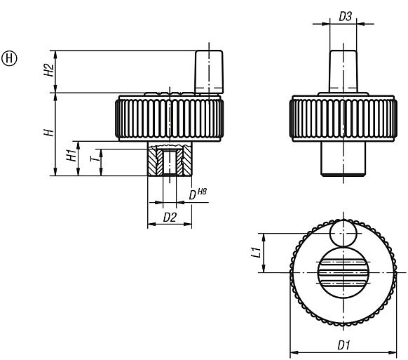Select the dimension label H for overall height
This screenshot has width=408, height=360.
48,133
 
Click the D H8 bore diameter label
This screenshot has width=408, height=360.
199,194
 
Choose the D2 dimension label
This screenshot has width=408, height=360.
169,218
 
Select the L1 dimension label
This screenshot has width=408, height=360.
257,251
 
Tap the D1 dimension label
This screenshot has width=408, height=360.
344,345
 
